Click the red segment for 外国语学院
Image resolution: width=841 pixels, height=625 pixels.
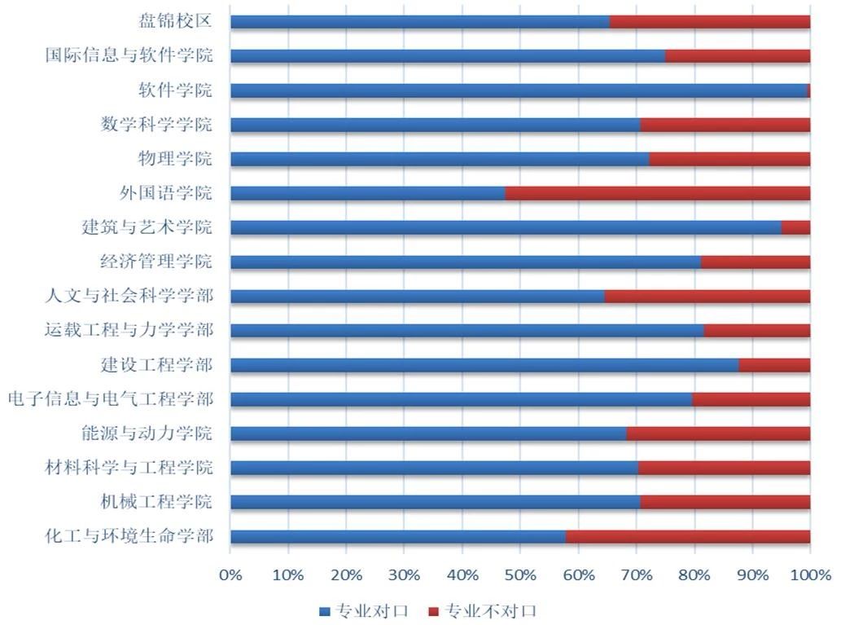pyautogui.click(x=657, y=193)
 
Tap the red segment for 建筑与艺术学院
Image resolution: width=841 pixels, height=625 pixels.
pyautogui.click(x=795, y=227)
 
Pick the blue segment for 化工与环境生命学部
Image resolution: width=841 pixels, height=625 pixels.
pyautogui.click(x=398, y=536)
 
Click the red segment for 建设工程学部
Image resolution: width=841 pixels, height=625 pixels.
pyautogui.click(x=774, y=364)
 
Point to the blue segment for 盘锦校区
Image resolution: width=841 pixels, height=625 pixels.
pyautogui.click(x=419, y=22)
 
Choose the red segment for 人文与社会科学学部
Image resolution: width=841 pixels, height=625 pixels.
pyautogui.click(x=707, y=296)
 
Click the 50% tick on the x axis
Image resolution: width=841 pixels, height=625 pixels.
pyautogui.click(x=520, y=575)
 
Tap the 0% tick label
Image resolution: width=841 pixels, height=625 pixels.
pyautogui.click(x=230, y=575)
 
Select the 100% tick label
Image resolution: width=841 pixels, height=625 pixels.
pyautogui.click(x=809, y=575)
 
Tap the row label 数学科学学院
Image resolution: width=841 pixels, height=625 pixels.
pyautogui.click(x=156, y=125)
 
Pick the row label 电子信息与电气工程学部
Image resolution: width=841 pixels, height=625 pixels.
pyautogui.click(x=111, y=399)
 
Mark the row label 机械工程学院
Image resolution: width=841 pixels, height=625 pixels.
pyautogui.click(x=156, y=501)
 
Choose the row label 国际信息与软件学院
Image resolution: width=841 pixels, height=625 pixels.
pyautogui.click(x=129, y=56)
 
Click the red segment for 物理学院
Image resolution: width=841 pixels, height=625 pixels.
pyautogui.click(x=729, y=159)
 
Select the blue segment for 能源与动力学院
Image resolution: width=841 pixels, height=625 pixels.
pyautogui.click(x=428, y=433)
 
